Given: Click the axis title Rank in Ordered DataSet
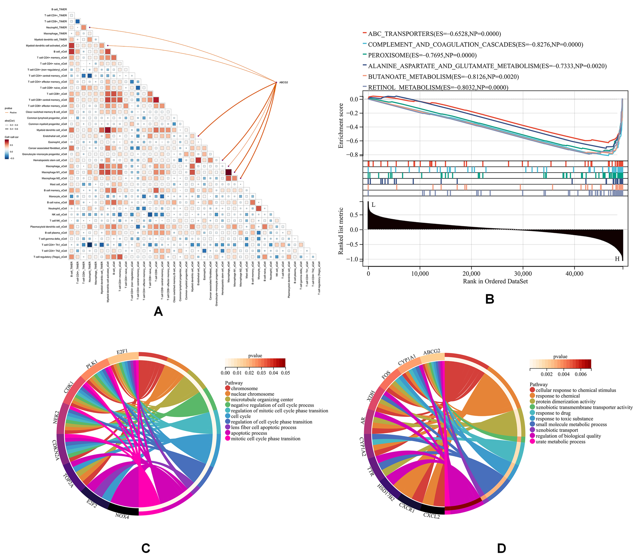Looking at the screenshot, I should click(x=495, y=281).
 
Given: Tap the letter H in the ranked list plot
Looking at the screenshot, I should click(x=617, y=259).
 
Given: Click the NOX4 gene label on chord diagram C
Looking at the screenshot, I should click(x=122, y=516).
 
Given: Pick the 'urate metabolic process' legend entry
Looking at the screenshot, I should click(x=560, y=442).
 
